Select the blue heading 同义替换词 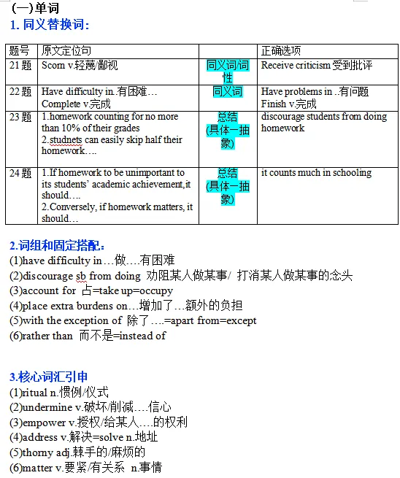55,25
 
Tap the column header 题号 20,51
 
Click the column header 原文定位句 66,51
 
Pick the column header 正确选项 281,51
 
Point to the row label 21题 21,66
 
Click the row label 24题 21,174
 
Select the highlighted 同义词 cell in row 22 228,92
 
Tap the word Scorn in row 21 53,66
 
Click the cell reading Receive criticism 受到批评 316,66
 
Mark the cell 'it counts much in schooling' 316,173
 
